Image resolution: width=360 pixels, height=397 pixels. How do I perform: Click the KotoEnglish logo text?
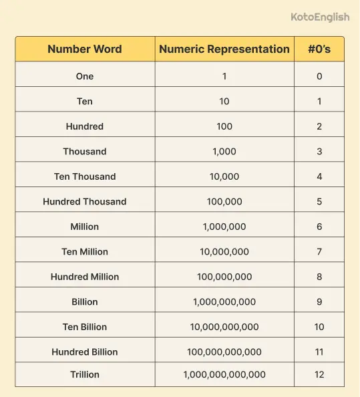[320, 17]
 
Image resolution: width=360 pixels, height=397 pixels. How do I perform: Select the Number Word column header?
[85, 49]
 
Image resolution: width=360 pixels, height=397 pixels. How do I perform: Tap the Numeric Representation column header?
[224, 49]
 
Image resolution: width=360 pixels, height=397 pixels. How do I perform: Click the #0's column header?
[319, 49]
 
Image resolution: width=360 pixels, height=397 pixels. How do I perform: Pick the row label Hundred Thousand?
[85, 201]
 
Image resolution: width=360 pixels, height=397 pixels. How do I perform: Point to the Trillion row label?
[85, 375]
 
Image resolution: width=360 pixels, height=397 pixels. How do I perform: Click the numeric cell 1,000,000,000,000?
[224, 375]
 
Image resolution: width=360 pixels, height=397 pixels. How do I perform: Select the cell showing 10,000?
[224, 176]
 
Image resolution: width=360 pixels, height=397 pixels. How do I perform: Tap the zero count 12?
[319, 375]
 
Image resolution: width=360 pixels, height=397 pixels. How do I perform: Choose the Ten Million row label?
[85, 251]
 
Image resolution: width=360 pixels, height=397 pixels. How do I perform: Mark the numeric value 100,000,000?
[224, 277]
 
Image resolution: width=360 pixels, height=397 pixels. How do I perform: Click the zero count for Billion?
[319, 301]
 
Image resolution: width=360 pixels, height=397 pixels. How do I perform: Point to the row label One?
[85, 76]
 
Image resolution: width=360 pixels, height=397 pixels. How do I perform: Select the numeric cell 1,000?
[224, 151]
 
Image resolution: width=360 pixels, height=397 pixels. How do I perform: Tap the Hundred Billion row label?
[85, 352]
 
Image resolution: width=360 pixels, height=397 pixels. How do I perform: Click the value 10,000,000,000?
[224, 327]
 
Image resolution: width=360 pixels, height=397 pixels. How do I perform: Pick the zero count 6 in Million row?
[319, 227]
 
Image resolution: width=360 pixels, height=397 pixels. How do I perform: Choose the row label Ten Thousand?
[85, 176]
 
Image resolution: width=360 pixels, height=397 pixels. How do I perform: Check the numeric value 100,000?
[224, 201]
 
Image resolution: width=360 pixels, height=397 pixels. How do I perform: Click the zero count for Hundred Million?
[319, 277]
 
